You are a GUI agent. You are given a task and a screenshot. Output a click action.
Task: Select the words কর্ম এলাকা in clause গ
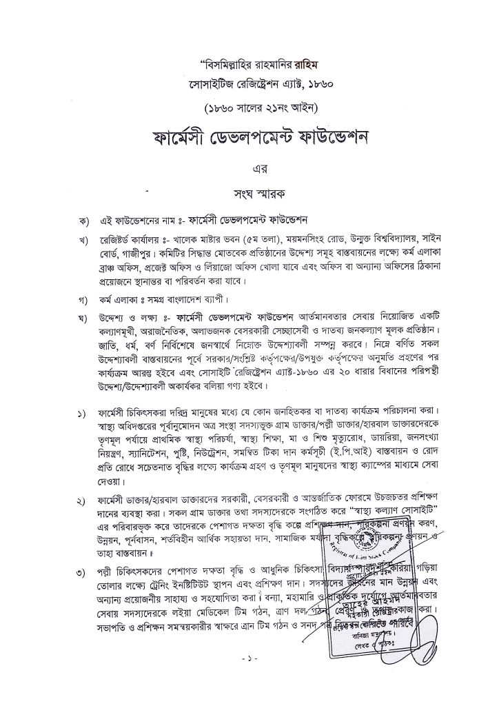point(128,301)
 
